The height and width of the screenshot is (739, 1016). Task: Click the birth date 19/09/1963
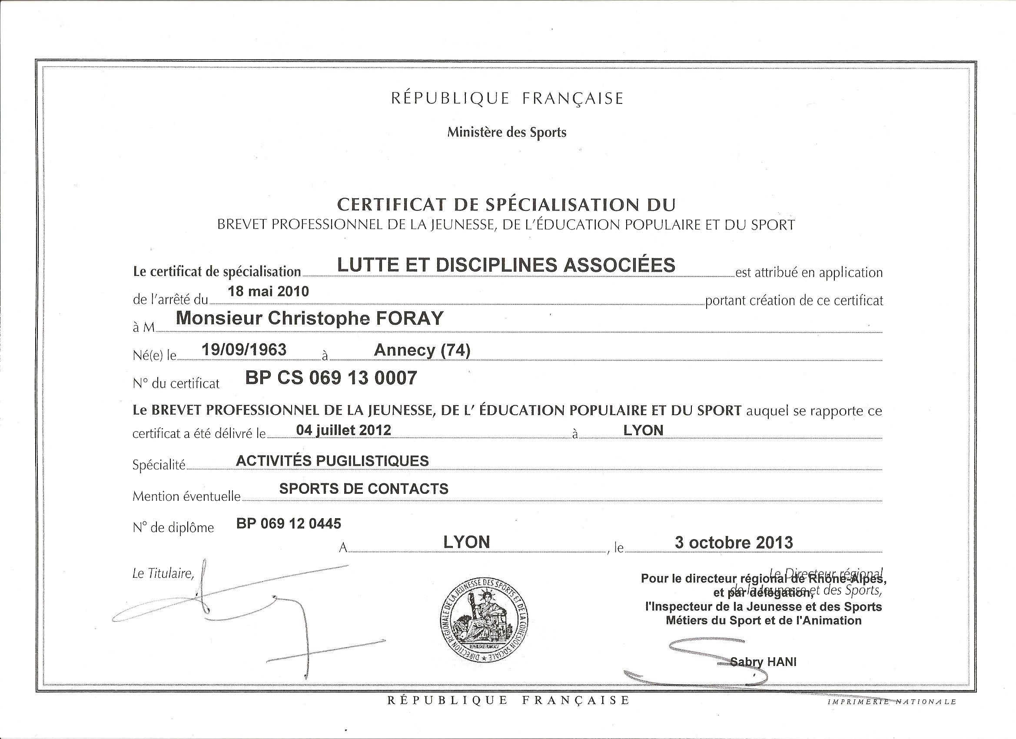[244, 350]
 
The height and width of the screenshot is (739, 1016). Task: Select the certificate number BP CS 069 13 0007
[331, 378]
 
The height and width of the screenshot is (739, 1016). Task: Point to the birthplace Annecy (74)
[422, 350]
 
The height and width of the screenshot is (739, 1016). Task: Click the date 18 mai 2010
[268, 292]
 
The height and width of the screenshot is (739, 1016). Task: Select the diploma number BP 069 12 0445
[289, 523]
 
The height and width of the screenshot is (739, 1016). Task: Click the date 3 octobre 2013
[734, 543]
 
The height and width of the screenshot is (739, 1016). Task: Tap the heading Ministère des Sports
[507, 133]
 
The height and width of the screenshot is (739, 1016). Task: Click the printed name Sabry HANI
[764, 662]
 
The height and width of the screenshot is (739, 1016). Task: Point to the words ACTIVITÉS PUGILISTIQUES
[332, 461]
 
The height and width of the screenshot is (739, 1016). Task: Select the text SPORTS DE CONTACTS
[364, 489]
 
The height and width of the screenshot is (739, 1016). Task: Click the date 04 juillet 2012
[344, 430]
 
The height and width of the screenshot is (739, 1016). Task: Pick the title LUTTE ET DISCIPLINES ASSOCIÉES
[506, 265]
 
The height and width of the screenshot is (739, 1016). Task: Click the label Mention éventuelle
[186, 496]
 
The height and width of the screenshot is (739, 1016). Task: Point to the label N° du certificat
[176, 383]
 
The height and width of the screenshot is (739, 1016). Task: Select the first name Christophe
[319, 318]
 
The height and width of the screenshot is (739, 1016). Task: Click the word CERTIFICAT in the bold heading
[392, 205]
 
